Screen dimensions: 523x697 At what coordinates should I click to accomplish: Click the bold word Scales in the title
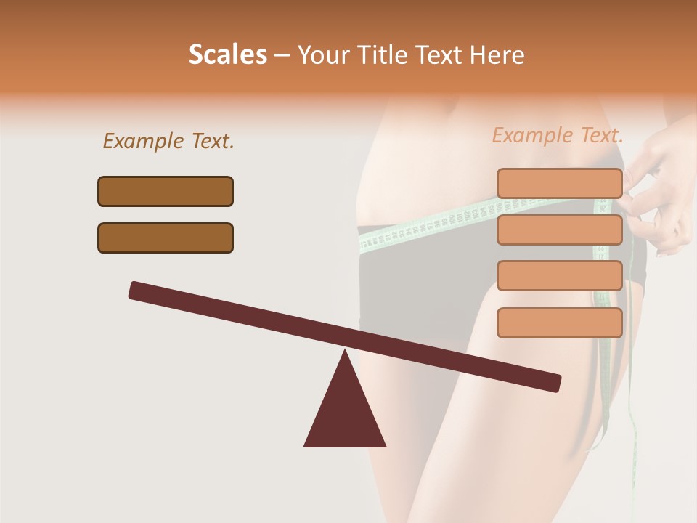point(227,55)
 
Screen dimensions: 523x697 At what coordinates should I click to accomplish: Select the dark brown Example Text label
point(168,142)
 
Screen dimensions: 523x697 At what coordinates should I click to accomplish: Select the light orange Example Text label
point(558,135)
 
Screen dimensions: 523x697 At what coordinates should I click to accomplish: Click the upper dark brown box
point(166,191)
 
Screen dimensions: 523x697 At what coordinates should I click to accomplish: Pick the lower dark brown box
point(166,238)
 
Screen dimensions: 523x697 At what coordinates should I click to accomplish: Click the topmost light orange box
point(559,183)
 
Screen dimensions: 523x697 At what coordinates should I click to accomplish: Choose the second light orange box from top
point(559,230)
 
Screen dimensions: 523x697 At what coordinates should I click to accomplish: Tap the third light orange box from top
point(559,276)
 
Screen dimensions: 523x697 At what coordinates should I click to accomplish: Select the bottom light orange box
point(559,323)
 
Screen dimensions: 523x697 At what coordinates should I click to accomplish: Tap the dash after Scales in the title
point(282,55)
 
